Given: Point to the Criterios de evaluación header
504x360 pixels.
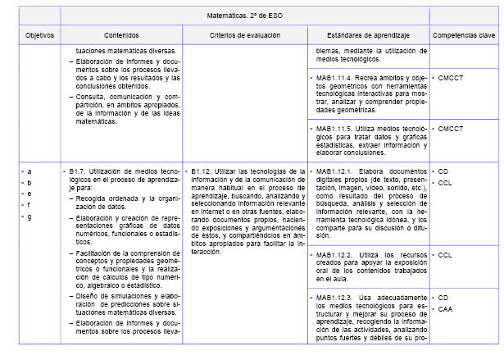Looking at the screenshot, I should [244, 35].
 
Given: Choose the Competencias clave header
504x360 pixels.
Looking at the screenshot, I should [463, 35].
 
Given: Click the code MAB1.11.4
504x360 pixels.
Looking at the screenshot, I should [336, 78].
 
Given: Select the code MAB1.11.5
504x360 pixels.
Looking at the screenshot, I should [336, 129].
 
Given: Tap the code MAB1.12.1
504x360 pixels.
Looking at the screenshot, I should [336, 171].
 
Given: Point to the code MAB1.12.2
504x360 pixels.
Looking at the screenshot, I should [336, 255].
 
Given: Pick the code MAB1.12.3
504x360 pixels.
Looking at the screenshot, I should [336, 297].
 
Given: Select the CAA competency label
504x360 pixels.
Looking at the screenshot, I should [445, 309].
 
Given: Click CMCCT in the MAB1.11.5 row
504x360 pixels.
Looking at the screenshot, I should [451, 129].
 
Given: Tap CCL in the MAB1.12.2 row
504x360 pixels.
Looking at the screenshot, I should [445, 255].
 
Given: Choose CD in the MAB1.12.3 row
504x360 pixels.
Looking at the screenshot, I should [443, 297].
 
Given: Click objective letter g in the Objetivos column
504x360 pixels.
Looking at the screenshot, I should [30, 216].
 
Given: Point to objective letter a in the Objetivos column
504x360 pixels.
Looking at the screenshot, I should [30, 171].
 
